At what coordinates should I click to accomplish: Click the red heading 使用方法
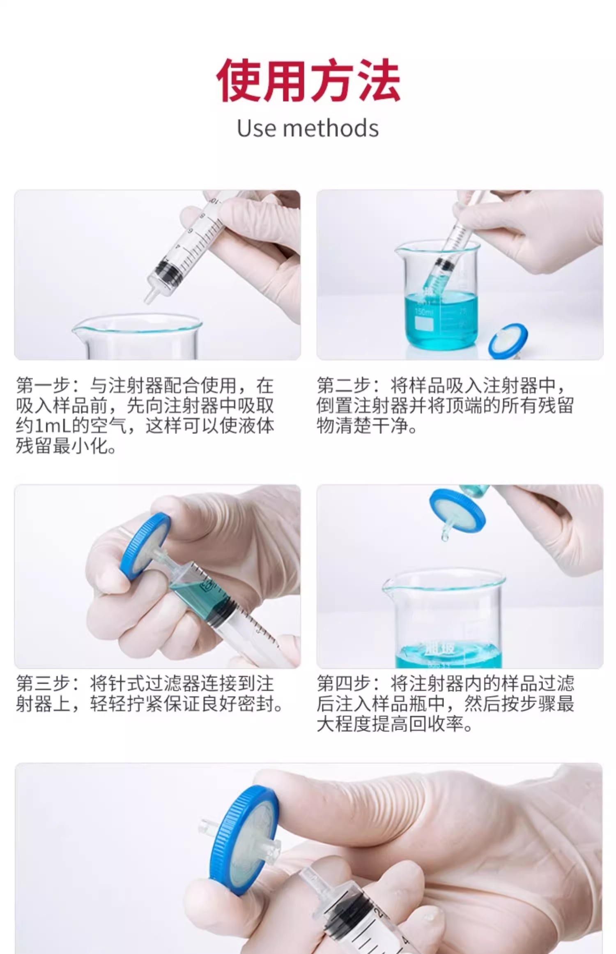[x=308, y=80]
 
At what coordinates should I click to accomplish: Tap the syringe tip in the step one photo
[x=150, y=296]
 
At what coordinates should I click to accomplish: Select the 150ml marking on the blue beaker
[x=423, y=311]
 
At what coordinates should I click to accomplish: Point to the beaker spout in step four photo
[x=388, y=585]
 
